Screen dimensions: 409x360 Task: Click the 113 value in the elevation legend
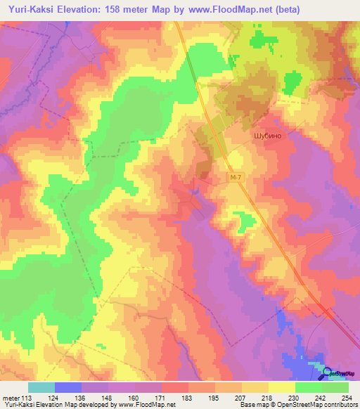pyautogui.click(x=29, y=397)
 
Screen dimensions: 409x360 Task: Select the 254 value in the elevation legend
pyautogui.click(x=348, y=397)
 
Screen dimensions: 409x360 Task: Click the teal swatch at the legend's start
pyautogui.click(x=41, y=387)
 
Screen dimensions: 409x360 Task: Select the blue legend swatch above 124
pyautogui.click(x=67, y=387)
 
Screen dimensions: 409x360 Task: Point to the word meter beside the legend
pyautogui.click(x=11, y=397)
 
